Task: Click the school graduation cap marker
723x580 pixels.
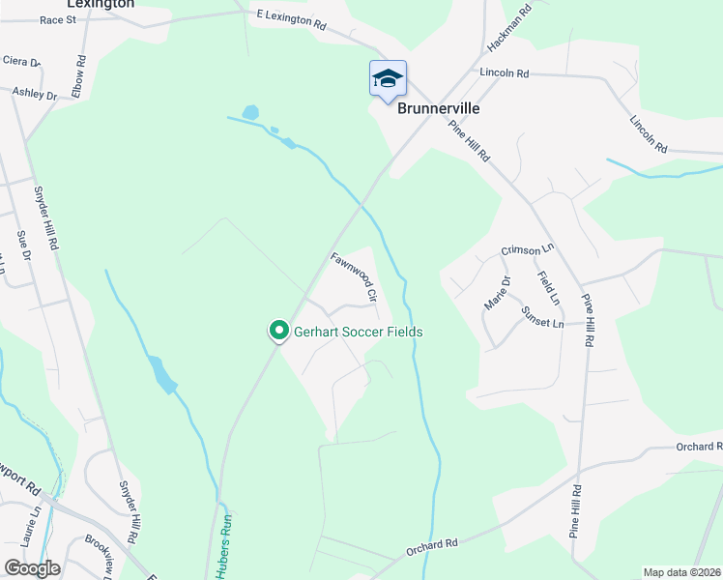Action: coord(388,79)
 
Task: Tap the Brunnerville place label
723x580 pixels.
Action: coord(439,109)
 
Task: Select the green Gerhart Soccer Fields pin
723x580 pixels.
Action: coord(279,332)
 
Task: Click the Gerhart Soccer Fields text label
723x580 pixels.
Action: coord(359,332)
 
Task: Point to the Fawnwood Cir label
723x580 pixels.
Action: coord(353,274)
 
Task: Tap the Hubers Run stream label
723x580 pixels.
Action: coord(228,546)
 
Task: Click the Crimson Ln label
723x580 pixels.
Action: coord(528,249)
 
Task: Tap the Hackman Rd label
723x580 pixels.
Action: coord(509,30)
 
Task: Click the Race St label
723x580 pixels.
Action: coord(57,18)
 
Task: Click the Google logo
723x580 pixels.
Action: coord(33,567)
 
